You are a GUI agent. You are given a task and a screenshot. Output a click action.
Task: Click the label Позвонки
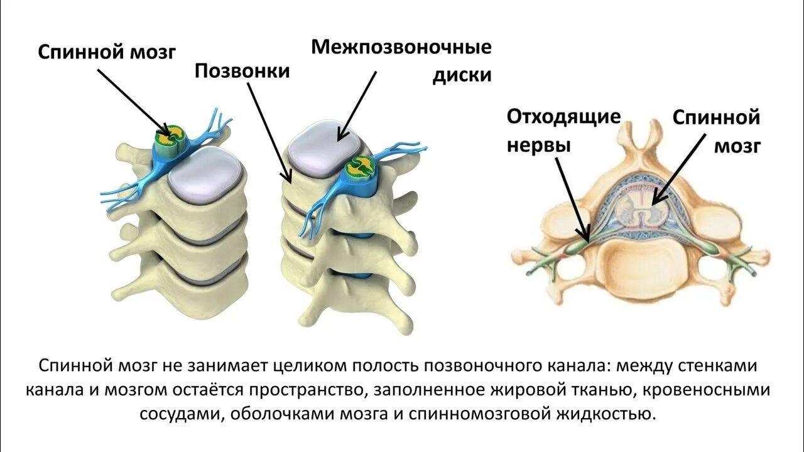pyautogui.click(x=242, y=70)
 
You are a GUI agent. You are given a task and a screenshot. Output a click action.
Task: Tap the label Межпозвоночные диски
pyautogui.click(x=401, y=61)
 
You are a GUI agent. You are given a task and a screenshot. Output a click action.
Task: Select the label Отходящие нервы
pyautogui.click(x=563, y=131)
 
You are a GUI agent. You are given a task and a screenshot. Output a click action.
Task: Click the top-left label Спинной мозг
pyautogui.click(x=107, y=51)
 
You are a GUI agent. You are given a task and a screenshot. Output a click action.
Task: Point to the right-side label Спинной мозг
pyautogui.click(x=716, y=131)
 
